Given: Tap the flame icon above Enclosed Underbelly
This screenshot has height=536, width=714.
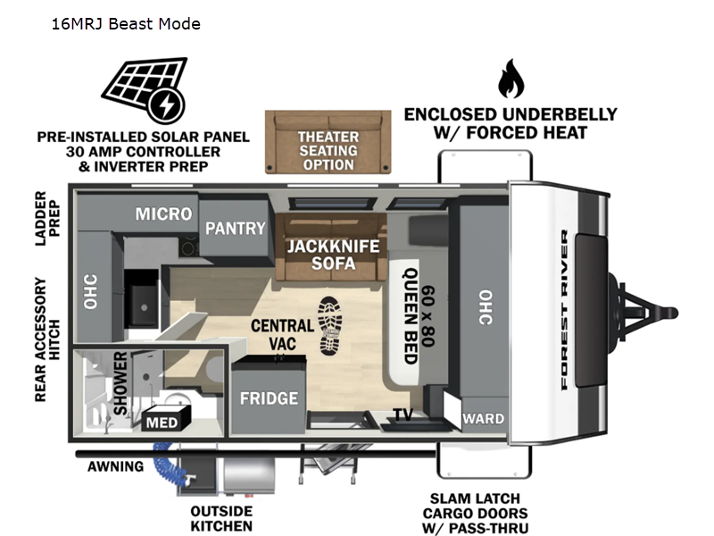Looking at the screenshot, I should [511, 80].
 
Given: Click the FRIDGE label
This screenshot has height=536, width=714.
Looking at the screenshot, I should [268, 398].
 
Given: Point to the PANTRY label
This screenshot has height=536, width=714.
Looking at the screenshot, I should [236, 228].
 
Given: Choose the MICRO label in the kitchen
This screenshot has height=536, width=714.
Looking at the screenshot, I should [163, 214].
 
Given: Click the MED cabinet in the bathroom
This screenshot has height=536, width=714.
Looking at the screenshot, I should [162, 422].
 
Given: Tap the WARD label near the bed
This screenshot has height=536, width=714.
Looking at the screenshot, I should [483, 418].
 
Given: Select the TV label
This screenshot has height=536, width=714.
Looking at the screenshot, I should [403, 415].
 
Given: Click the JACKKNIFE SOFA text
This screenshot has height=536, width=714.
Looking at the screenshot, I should [332, 255].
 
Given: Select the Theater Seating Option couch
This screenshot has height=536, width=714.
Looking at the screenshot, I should [328, 143].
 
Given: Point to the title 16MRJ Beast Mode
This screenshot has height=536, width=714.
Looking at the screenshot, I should [126, 23].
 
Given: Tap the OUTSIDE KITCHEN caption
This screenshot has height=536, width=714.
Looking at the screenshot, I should [221, 518].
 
